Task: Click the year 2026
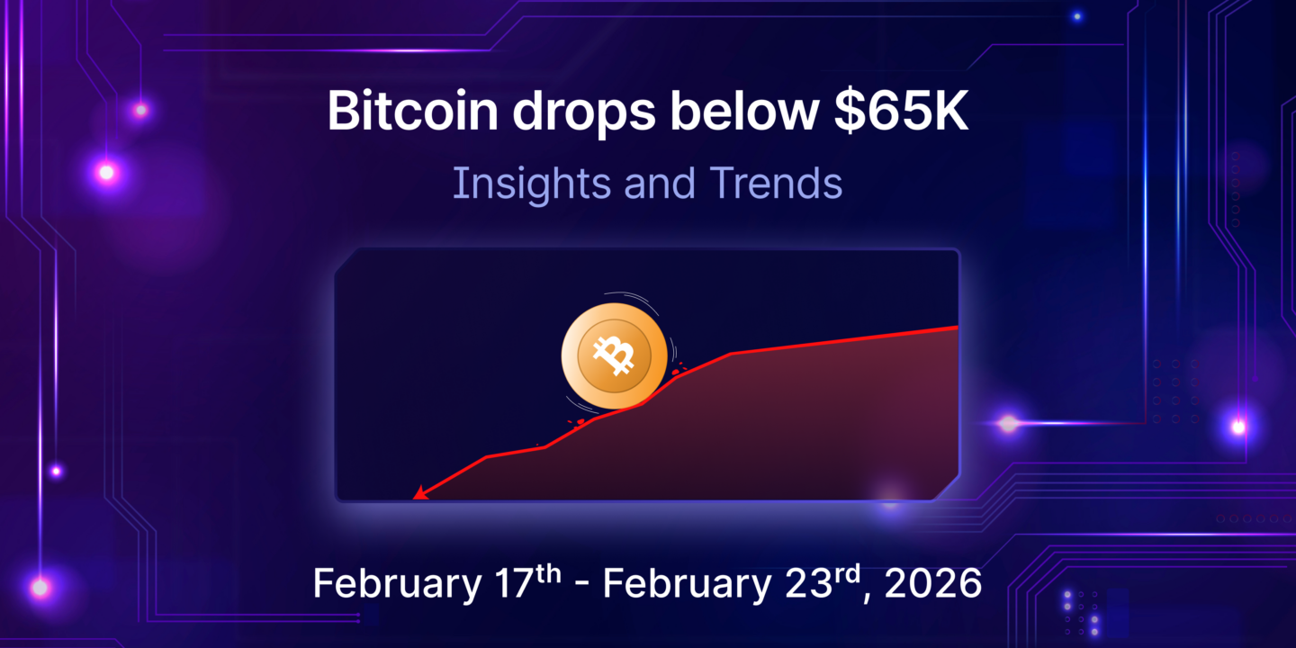tap(933, 584)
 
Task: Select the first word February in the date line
tap(397, 584)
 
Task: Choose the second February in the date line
tap(687, 584)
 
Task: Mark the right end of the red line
tap(956, 327)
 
